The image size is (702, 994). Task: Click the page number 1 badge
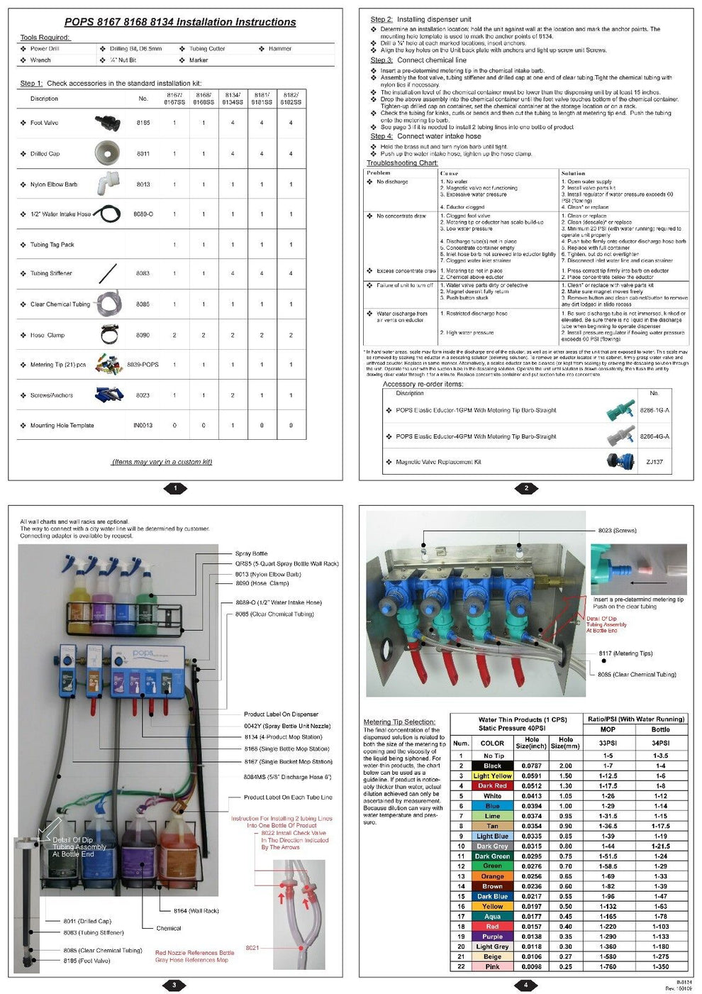pyautogui.click(x=175, y=488)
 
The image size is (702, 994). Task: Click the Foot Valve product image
pyautogui.click(x=107, y=123)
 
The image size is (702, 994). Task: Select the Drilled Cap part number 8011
pyautogui.click(x=143, y=153)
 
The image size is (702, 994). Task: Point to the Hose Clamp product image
pyautogui.click(x=108, y=334)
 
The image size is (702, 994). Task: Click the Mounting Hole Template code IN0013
pyautogui.click(x=143, y=426)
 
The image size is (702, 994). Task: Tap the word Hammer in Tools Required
pyautogui.click(x=279, y=49)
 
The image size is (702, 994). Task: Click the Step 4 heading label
pyautogui.click(x=381, y=136)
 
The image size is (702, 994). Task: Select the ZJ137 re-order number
pyautogui.click(x=654, y=462)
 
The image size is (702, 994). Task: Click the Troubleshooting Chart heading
pyautogui.click(x=402, y=163)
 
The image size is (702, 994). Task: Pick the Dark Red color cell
pyautogui.click(x=492, y=786)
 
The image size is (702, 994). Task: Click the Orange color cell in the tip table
pyautogui.click(x=492, y=876)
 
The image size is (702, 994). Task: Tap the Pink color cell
pyautogui.click(x=492, y=966)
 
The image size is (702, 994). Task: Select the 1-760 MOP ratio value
pyautogui.click(x=608, y=966)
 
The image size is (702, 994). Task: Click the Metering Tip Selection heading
pyautogui.click(x=399, y=722)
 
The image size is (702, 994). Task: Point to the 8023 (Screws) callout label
pyautogui.click(x=617, y=530)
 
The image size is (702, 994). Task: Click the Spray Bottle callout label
pyautogui.click(x=252, y=553)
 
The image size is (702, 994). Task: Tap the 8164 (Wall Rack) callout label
pyautogui.click(x=196, y=910)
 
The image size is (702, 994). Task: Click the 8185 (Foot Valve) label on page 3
pyautogui.click(x=87, y=961)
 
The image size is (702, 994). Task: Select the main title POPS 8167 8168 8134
pyautogui.click(x=180, y=22)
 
